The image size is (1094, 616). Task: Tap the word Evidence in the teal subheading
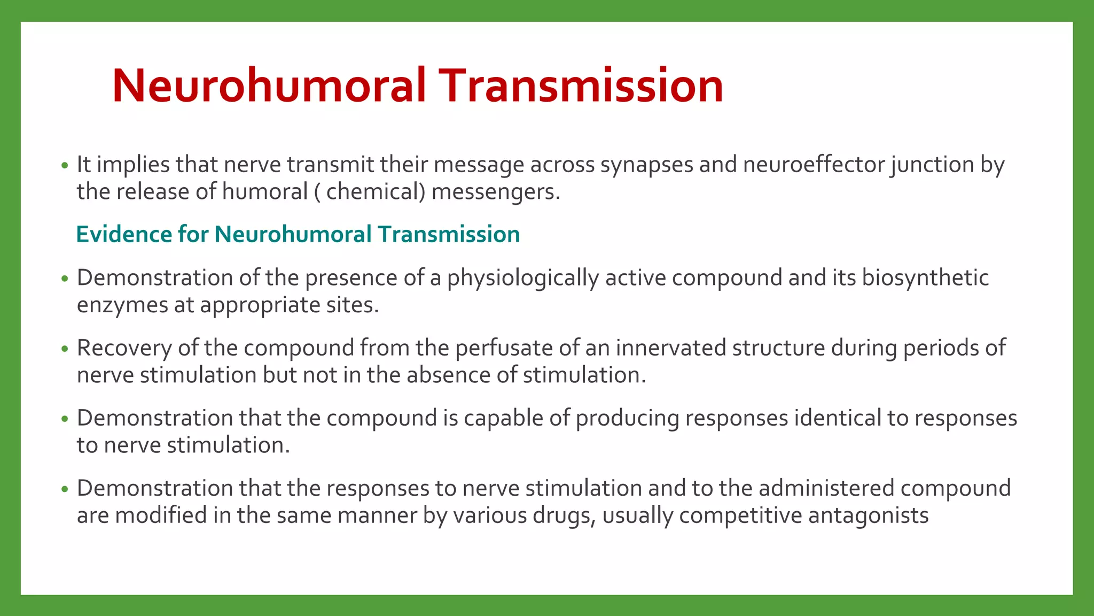pos(123,234)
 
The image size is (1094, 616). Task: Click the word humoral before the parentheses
pos(264,191)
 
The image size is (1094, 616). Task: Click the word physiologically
pos(523,278)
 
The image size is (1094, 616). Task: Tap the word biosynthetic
pos(925,278)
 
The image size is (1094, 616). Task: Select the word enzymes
pos(122,305)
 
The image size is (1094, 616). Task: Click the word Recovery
pos(124,348)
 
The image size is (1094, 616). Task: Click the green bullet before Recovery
pos(65,349)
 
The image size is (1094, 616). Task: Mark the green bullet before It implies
pos(65,166)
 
